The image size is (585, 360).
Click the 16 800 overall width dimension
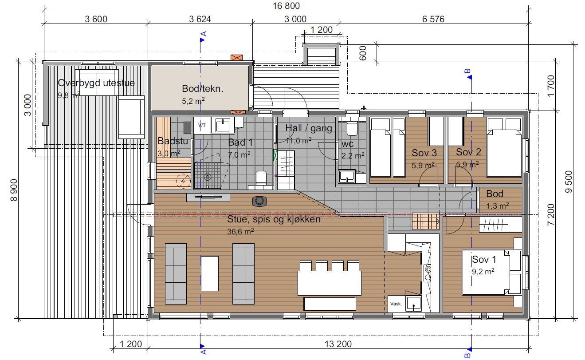point(287,6)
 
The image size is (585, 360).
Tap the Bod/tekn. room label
point(202,88)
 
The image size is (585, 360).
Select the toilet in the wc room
point(352,128)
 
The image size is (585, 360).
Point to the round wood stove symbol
point(259,201)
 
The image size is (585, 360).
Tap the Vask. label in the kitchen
point(396,304)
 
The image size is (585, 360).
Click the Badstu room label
point(173,142)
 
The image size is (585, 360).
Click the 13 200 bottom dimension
point(338,344)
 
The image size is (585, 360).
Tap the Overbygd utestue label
point(96,83)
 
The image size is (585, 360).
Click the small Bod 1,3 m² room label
point(495,194)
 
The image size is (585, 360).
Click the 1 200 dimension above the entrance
point(322,30)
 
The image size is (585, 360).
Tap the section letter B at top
point(467,71)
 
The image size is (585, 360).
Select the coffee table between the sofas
point(210,273)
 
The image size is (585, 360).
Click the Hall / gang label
point(309,129)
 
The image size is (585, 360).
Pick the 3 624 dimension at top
point(200,19)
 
